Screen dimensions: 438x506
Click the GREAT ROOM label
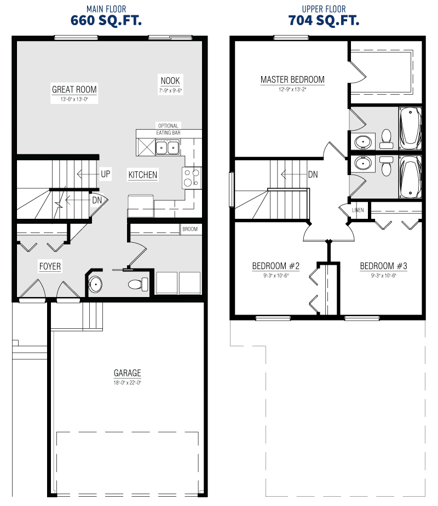74,89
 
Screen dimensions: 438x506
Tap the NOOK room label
170,80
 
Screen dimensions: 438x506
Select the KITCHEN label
143,175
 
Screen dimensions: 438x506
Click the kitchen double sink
168,148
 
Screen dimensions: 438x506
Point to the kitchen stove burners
192,177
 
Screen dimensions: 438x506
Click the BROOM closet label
190,229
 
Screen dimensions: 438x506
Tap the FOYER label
50,266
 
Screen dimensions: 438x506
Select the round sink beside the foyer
95,284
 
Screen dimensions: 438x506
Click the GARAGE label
127,373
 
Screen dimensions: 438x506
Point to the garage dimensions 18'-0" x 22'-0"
127,383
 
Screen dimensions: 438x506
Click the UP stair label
106,175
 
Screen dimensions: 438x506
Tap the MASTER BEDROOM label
292,80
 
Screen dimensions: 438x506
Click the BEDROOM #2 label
276,266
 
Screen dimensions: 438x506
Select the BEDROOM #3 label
383,266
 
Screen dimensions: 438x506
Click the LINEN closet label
358,210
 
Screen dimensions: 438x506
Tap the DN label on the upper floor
313,175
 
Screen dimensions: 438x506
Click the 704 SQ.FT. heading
324,20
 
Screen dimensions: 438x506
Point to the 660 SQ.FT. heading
106,20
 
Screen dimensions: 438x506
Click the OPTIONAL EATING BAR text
168,129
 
